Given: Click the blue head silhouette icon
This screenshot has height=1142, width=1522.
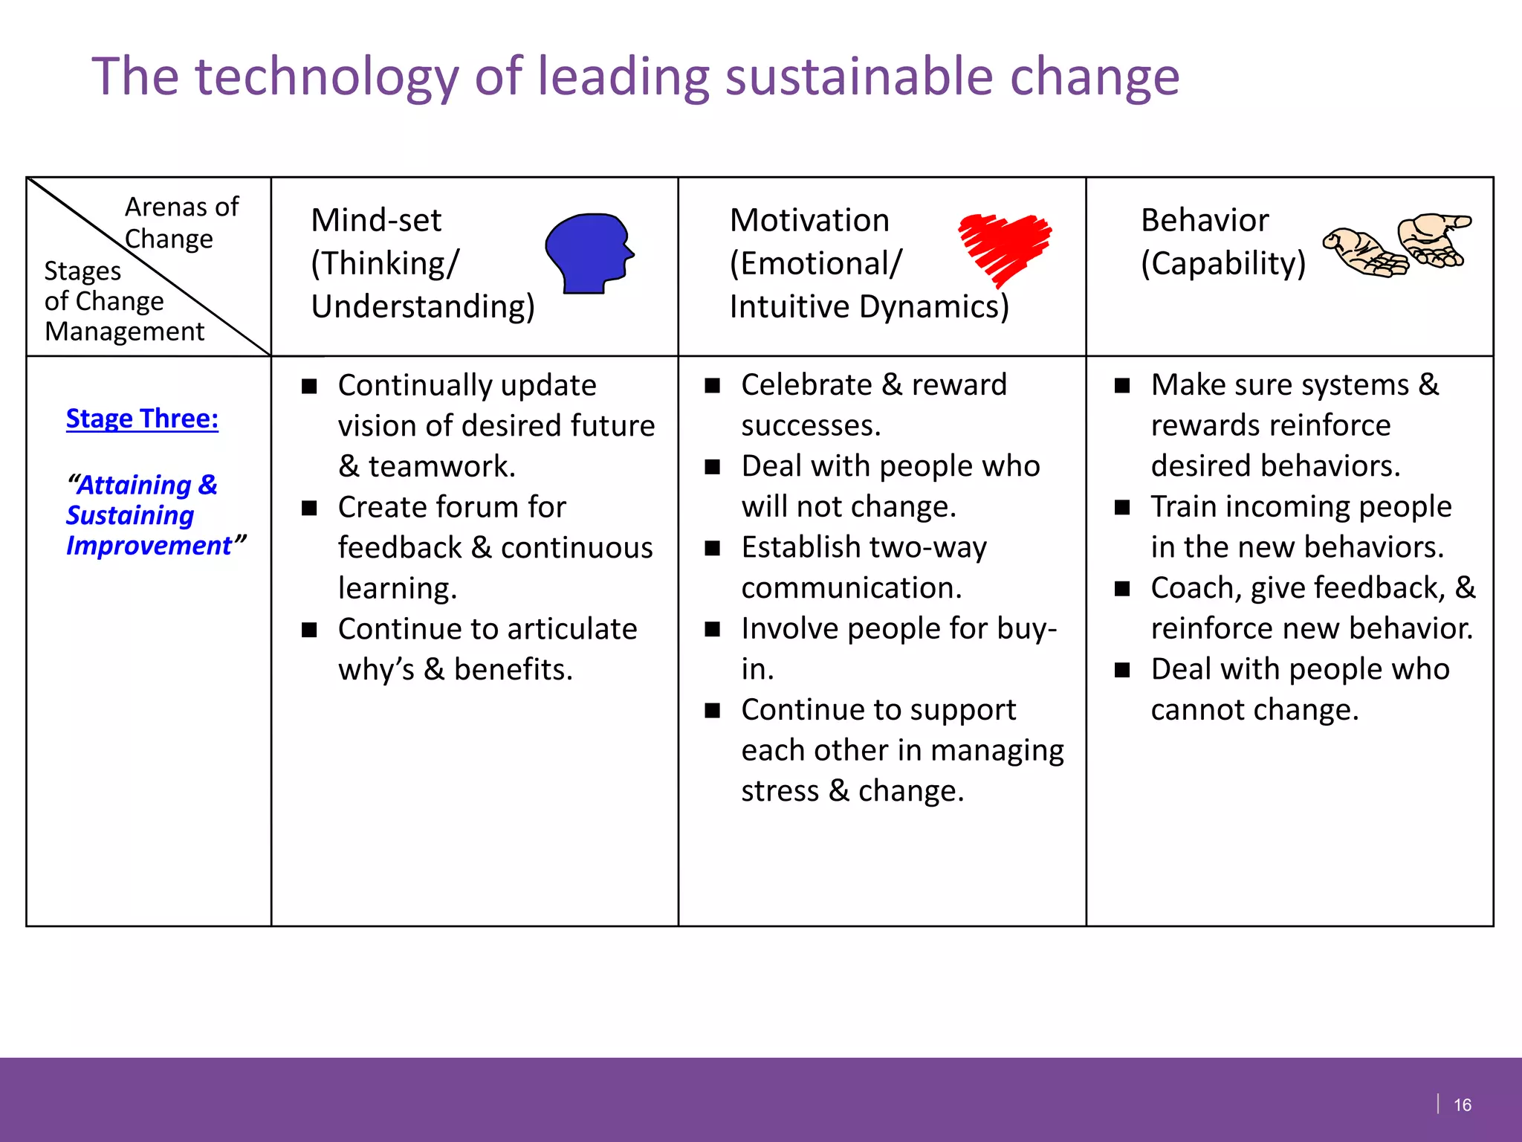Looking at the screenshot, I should click(588, 253).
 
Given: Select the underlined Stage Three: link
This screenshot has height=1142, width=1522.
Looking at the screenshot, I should click(142, 419).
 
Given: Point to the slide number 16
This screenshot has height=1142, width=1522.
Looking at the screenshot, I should click(1462, 1105).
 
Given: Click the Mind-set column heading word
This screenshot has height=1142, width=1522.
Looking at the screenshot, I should click(376, 220).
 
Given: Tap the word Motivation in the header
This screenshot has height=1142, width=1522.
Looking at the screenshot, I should click(809, 220).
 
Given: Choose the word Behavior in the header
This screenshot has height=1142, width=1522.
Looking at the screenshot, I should click(1205, 220).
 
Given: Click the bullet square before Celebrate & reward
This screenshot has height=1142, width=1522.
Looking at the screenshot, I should click(713, 385).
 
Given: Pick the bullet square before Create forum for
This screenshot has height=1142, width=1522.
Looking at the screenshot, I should click(309, 508).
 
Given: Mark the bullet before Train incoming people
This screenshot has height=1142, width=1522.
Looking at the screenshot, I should click(1122, 507).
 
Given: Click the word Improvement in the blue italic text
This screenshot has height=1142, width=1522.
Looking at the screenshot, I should click(149, 546).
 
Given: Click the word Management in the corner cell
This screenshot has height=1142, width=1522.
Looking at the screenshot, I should click(124, 332).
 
